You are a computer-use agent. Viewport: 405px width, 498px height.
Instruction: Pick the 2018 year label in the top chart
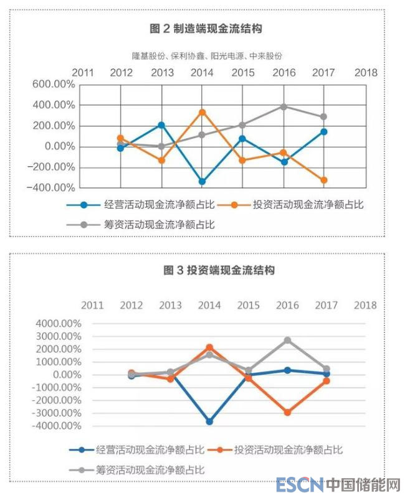(366, 72)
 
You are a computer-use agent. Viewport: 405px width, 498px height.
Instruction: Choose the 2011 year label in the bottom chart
(92, 305)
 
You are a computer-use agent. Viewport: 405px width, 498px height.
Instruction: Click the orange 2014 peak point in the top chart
(202, 113)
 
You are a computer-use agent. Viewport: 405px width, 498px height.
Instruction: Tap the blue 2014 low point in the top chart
(202, 182)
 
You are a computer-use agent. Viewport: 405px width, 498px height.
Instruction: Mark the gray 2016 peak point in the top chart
(283, 107)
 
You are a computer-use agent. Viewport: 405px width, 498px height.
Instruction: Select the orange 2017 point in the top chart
(324, 181)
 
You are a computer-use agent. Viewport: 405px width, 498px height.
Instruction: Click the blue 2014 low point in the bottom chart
(210, 421)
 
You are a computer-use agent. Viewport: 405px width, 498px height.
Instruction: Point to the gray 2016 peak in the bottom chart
(287, 341)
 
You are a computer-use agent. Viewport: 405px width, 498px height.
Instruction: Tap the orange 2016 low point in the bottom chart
(287, 413)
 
